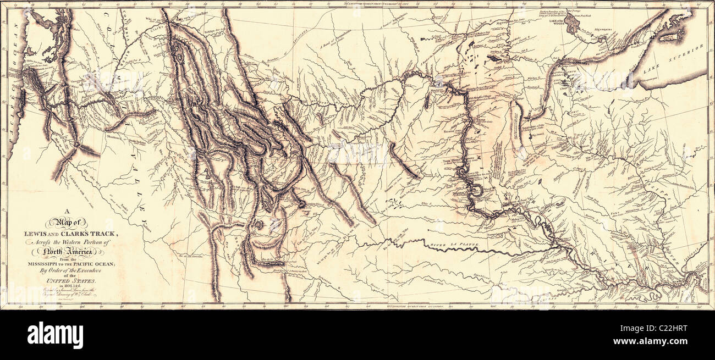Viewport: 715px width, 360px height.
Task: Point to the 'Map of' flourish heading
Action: point(67,222)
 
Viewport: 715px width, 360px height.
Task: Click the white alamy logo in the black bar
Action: point(55,334)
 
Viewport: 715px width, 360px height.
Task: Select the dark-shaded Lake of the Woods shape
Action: point(572,24)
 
